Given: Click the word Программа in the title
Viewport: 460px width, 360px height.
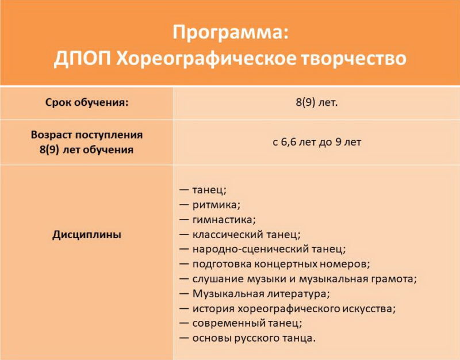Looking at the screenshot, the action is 227,33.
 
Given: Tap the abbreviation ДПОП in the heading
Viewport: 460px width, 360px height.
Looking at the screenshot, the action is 82,58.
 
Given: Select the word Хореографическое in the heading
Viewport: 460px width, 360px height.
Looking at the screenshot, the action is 206,59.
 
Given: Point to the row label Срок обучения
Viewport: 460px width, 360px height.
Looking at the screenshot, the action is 87,103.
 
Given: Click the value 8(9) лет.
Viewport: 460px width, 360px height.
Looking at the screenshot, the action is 317,102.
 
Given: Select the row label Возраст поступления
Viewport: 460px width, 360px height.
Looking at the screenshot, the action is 87,135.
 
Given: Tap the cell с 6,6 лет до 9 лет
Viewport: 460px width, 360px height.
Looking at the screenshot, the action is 317,142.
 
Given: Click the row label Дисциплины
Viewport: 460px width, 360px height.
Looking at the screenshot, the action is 87,235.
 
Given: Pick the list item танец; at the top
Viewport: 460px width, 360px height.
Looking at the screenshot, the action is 209,190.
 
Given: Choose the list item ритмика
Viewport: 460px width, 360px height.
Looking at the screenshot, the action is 216,205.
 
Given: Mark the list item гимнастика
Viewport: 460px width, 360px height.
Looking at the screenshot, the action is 224,220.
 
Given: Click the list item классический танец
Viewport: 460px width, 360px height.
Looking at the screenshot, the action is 247,235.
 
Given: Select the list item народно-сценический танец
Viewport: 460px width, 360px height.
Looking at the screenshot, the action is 269,249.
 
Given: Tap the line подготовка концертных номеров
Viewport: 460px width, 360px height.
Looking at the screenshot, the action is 281,264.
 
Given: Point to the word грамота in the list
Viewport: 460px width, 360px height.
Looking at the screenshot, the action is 394,279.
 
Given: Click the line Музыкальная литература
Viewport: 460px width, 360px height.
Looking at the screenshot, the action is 261,294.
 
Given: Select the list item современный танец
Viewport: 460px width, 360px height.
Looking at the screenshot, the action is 247,323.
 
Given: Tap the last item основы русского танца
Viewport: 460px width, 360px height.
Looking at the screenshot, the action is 254,338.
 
